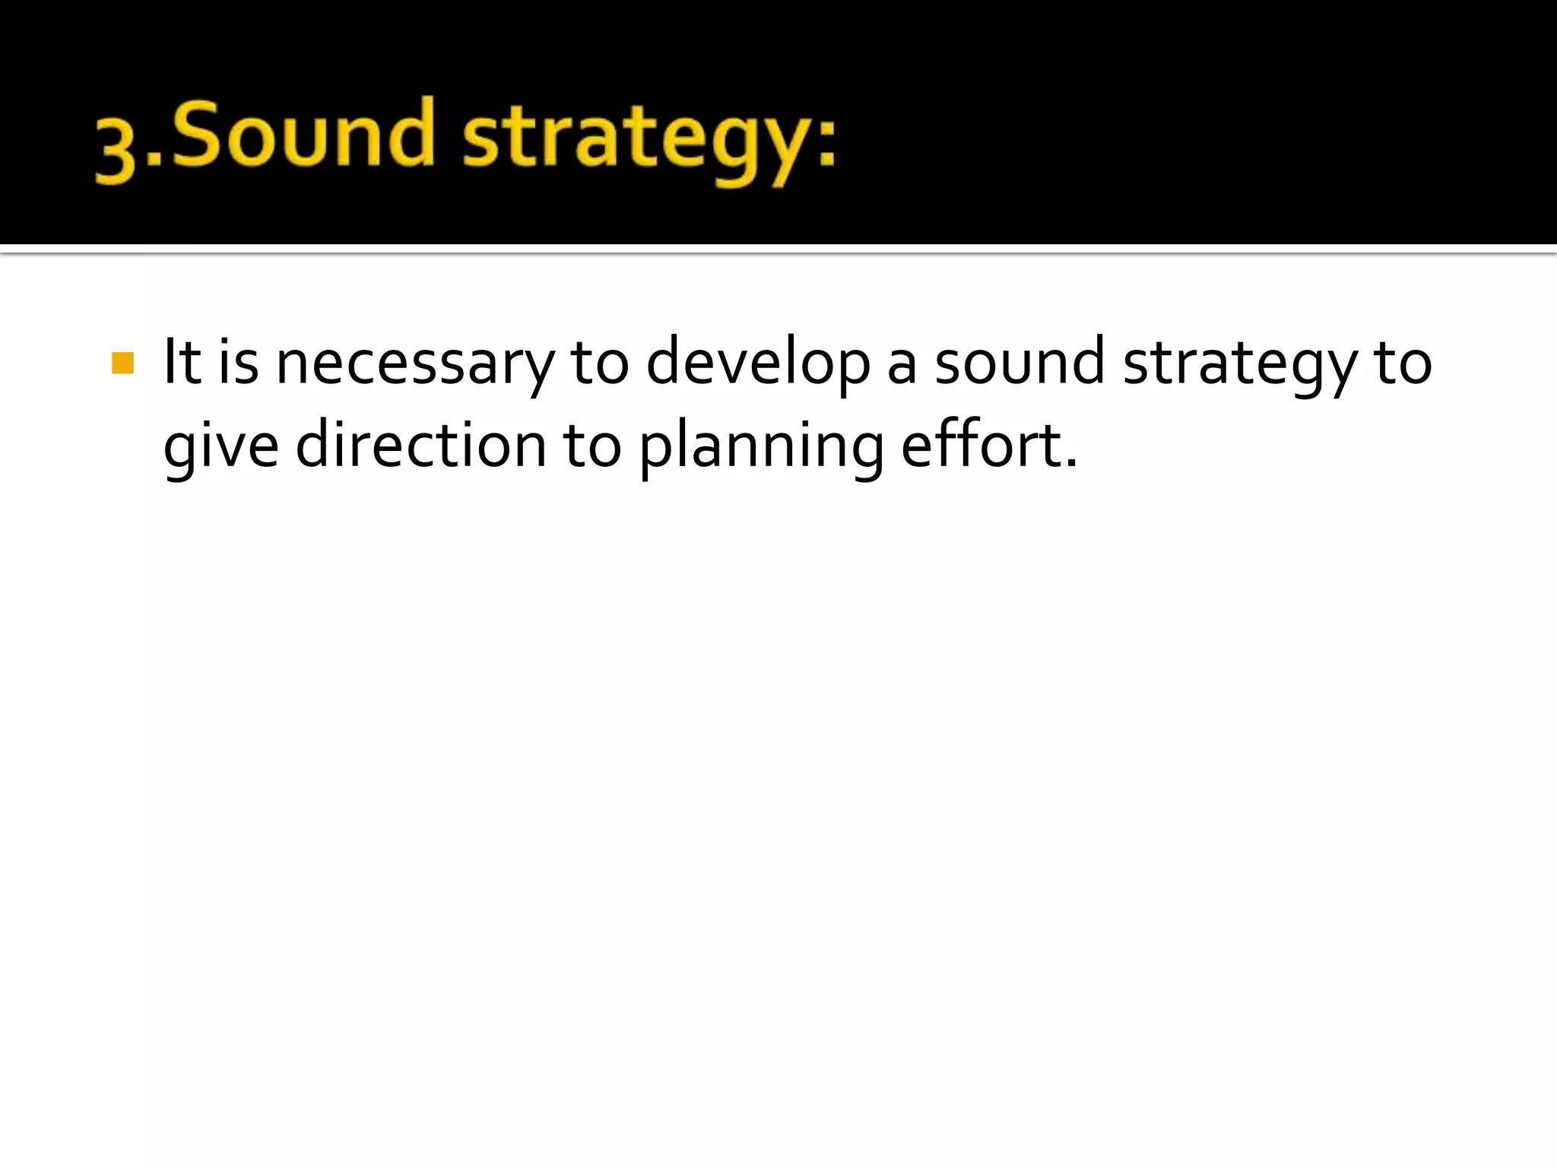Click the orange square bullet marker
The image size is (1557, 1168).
tap(122, 363)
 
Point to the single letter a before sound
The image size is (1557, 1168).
tap(902, 365)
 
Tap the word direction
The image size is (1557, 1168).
tap(420, 445)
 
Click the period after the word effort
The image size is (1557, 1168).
tap(1071, 463)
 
